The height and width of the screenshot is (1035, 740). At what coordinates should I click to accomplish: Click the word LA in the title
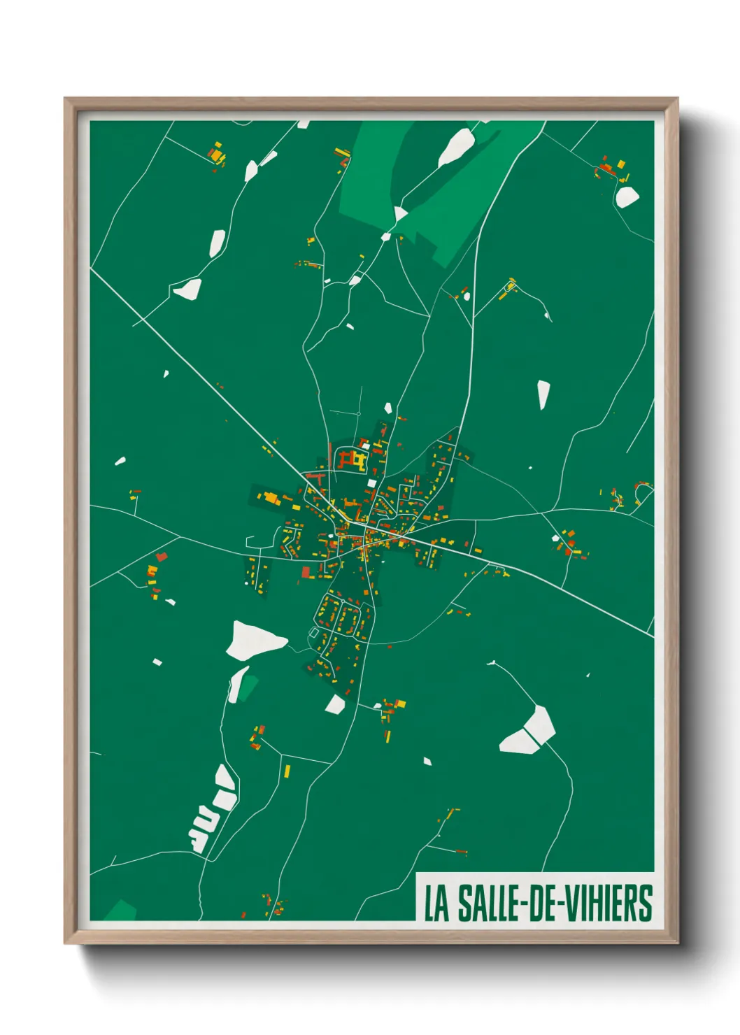pyautogui.click(x=436, y=904)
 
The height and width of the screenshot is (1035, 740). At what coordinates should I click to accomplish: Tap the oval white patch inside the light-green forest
pyautogui.click(x=457, y=147)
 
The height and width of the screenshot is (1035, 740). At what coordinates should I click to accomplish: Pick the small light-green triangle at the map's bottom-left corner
pyautogui.click(x=120, y=910)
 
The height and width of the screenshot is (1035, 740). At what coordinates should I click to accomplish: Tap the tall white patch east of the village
pyautogui.click(x=543, y=394)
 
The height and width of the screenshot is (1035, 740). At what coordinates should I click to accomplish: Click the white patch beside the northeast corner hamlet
pyautogui.click(x=627, y=197)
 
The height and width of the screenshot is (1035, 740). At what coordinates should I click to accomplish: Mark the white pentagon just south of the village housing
pyautogui.click(x=335, y=704)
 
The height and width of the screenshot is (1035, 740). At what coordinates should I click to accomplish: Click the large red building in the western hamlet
pyautogui.click(x=162, y=557)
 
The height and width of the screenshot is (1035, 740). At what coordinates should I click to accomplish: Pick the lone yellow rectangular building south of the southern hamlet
pyautogui.click(x=287, y=771)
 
